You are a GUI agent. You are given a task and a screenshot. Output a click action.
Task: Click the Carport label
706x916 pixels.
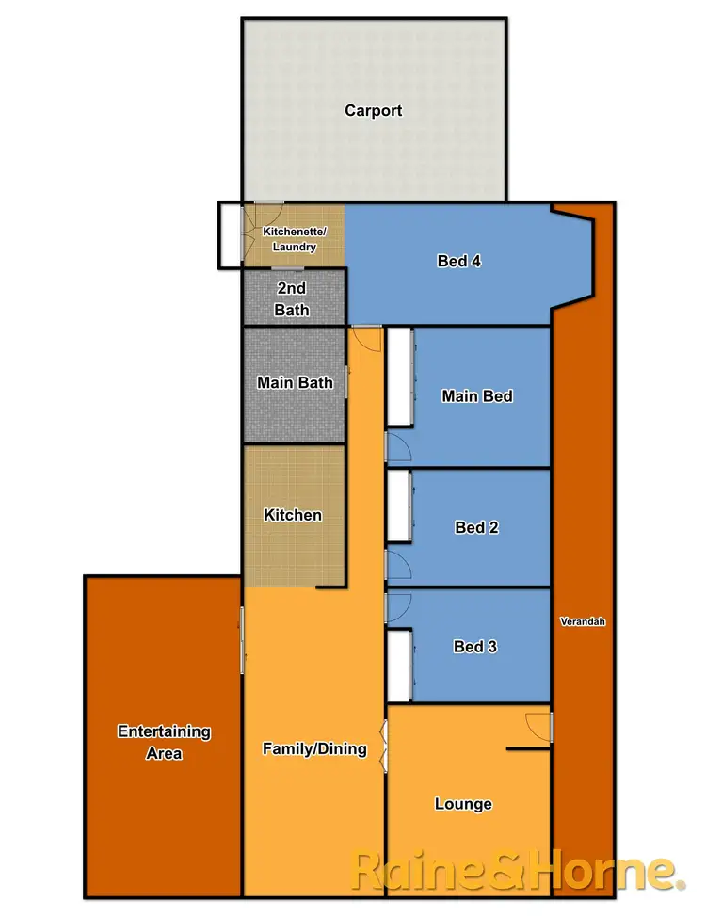click(x=373, y=110)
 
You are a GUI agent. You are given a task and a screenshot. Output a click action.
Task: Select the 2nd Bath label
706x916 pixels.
click(x=292, y=298)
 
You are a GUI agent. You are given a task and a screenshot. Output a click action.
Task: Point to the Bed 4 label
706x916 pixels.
click(x=459, y=261)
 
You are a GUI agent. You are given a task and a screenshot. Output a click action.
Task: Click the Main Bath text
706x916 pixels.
click(x=295, y=382)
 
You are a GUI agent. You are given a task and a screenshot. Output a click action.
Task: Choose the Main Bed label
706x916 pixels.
click(x=477, y=396)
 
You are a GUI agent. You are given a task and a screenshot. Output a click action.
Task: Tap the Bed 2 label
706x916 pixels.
click(x=476, y=527)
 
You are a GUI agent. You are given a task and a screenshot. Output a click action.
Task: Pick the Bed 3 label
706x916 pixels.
click(x=475, y=647)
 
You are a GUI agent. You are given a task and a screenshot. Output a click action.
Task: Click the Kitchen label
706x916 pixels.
click(x=293, y=515)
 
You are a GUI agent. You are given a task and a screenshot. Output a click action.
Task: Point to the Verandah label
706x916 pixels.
click(x=583, y=622)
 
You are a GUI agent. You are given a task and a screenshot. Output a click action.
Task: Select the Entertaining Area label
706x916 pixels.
click(x=164, y=742)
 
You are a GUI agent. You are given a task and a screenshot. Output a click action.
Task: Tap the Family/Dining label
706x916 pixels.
click(x=314, y=748)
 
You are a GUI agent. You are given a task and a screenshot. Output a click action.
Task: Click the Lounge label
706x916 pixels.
click(x=463, y=804)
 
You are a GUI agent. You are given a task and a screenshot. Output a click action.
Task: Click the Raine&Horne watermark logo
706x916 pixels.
click(x=516, y=870)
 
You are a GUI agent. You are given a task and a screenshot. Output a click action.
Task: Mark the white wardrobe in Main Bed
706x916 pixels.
click(x=399, y=376)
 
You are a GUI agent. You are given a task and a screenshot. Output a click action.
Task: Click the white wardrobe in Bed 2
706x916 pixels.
click(x=399, y=506)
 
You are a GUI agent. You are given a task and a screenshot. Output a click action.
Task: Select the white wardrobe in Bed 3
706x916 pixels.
click(x=399, y=666)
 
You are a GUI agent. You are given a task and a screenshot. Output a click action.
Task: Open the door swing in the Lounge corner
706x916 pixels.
click(x=538, y=726)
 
